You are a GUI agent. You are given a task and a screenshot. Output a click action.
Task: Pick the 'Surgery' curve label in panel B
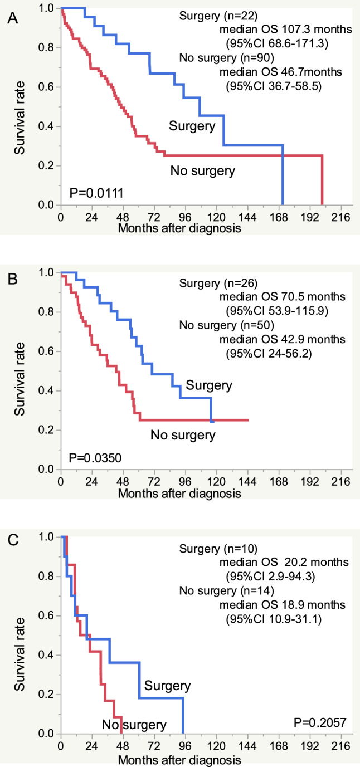click(209, 384)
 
